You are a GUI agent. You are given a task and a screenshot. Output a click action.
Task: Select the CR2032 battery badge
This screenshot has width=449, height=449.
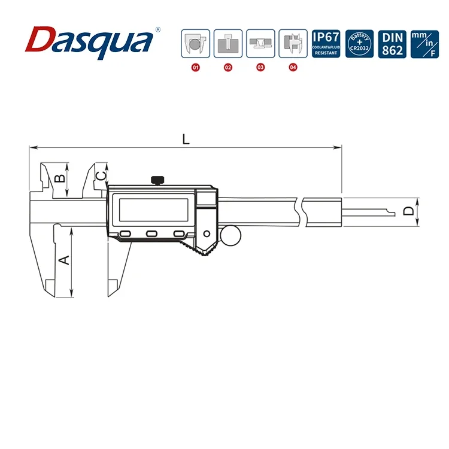pos(360,44)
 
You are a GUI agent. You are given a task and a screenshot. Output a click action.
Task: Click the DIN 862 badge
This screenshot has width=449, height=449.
pos(392,44)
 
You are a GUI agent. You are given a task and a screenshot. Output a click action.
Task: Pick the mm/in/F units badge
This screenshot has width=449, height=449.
pos(424,44)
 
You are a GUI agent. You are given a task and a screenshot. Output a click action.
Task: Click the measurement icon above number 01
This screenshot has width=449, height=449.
pos(195,44)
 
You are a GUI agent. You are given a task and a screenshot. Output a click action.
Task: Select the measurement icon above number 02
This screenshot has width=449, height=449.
pos(227,44)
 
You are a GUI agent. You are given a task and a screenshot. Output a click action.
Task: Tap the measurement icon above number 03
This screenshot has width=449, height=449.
pos(260,44)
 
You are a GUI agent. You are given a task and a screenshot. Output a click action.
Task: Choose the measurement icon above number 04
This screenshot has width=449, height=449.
pos(293,44)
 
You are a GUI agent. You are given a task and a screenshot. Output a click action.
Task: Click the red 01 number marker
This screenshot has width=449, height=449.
pos(195,68)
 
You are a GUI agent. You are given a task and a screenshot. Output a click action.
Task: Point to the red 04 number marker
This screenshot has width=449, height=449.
pos(293,68)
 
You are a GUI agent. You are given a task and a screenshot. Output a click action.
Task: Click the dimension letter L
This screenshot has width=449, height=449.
pos(186,139)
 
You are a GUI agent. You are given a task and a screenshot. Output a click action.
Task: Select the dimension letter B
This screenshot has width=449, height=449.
pos(59,178)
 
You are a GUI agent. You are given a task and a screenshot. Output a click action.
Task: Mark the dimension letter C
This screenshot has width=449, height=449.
pos(102,174)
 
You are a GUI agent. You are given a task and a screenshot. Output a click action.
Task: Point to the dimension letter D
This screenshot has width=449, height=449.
pos(408,211)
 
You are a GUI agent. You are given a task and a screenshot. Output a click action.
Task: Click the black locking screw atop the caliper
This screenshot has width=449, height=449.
pos(158,179)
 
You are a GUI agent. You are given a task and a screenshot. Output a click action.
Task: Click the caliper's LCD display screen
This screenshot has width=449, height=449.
pos(154,209)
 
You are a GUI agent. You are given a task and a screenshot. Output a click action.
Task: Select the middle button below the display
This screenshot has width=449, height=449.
pos(152,234)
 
